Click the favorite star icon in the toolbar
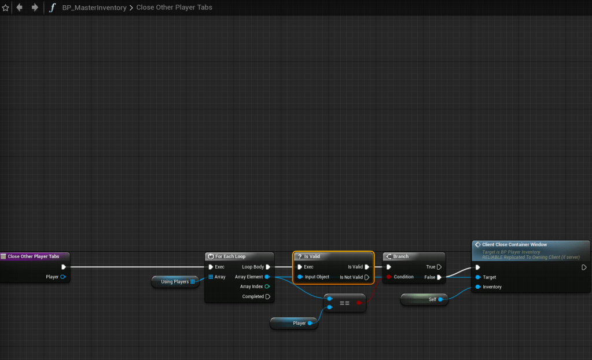[x=6, y=8]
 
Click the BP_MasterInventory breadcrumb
[x=94, y=8]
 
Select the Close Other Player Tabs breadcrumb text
[x=174, y=8]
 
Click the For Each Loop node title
[x=230, y=256]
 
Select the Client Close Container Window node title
[x=514, y=245]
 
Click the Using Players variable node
[x=175, y=282]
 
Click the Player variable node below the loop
[x=299, y=323]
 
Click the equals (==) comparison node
[x=344, y=303]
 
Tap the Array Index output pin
[x=267, y=286]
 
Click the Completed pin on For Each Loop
[x=267, y=297]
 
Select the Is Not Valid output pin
[x=367, y=277]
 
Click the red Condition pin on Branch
[x=389, y=277]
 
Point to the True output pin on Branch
[x=439, y=267]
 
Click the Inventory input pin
[x=477, y=286]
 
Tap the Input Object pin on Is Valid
[x=300, y=277]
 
